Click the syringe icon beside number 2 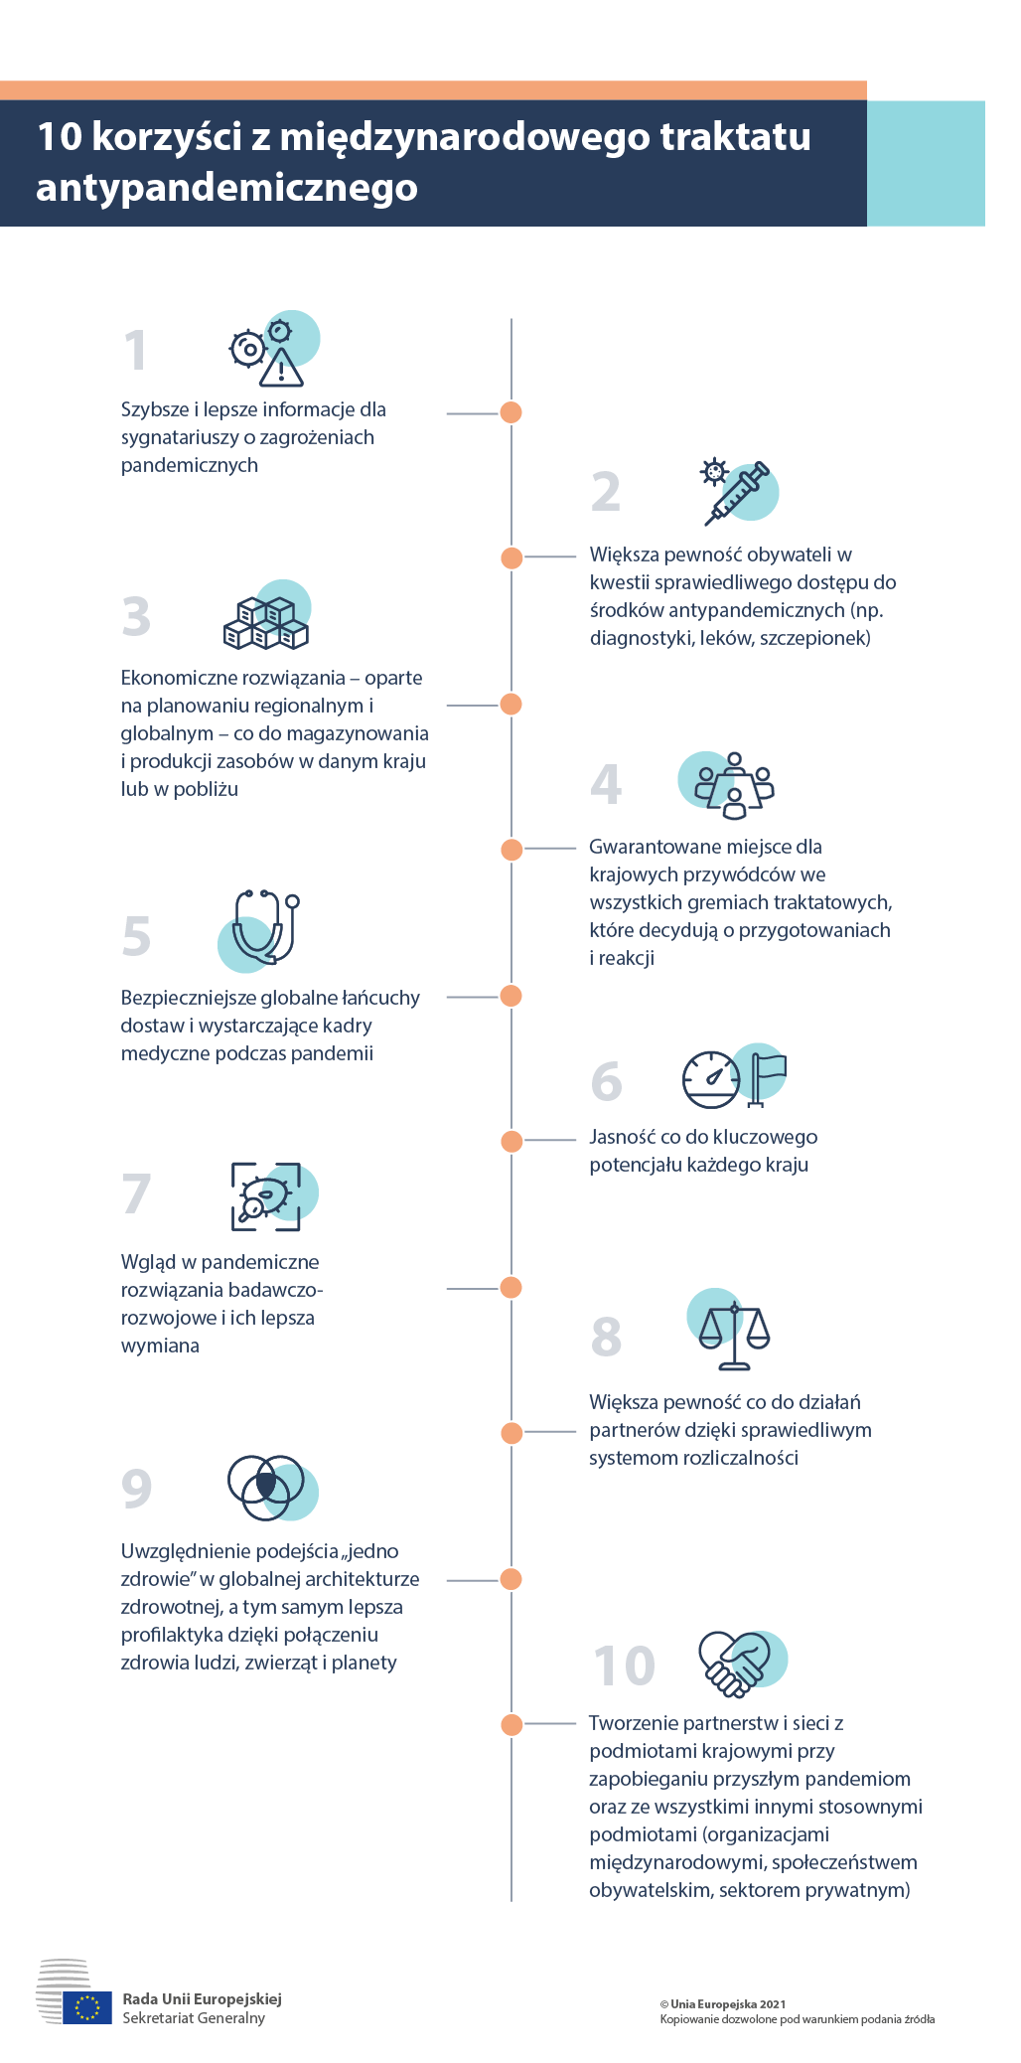click(737, 492)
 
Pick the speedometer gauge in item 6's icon click(711, 1079)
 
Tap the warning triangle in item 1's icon click(282, 368)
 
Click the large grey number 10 click(625, 1666)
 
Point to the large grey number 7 click(137, 1193)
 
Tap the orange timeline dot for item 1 click(511, 412)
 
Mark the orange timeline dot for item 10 click(511, 1724)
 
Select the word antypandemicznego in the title click(227, 187)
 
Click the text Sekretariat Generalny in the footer click(194, 2018)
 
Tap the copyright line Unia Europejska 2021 click(723, 2004)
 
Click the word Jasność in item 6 click(622, 1137)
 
